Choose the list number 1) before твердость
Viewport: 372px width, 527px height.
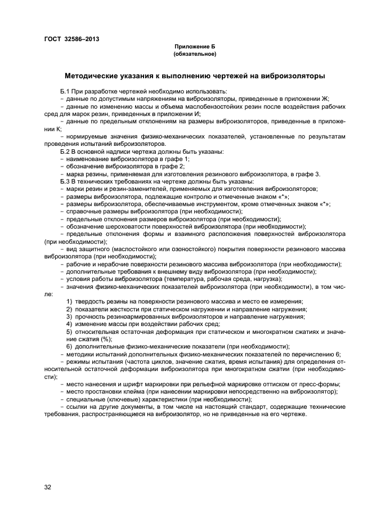point(69,302)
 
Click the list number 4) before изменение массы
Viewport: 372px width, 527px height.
point(69,324)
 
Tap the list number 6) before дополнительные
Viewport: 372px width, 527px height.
point(69,346)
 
